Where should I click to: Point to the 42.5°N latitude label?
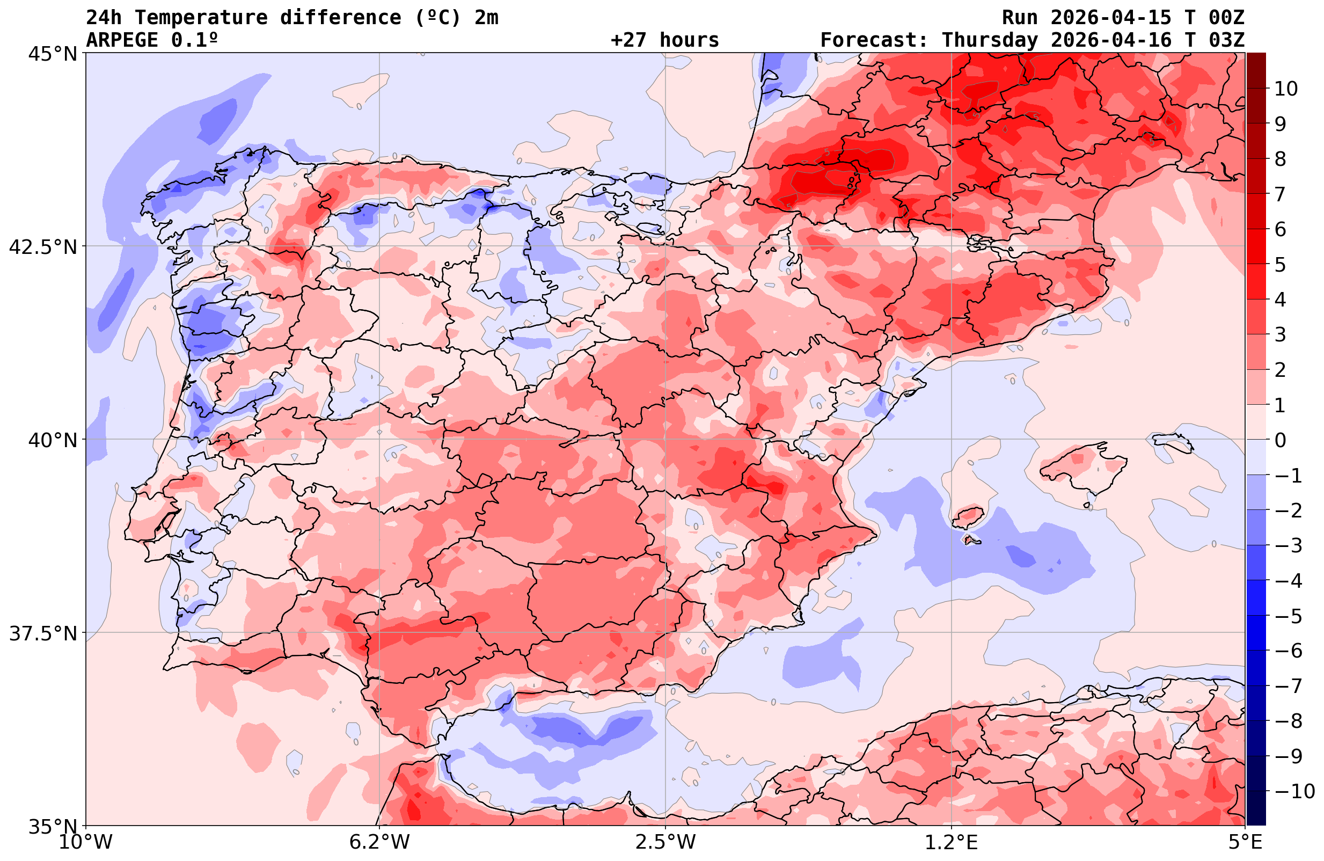click(x=43, y=246)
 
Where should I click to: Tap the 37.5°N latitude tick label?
click(x=43, y=633)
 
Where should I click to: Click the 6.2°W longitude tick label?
click(x=379, y=842)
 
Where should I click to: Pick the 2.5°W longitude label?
click(x=665, y=842)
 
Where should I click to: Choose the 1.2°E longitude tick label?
click(x=952, y=842)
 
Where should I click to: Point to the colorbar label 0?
click(x=1280, y=440)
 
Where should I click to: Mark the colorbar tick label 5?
click(x=1280, y=265)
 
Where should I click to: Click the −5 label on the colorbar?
click(x=1288, y=616)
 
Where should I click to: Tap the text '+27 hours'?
click(x=665, y=40)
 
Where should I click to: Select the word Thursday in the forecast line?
click(x=989, y=40)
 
